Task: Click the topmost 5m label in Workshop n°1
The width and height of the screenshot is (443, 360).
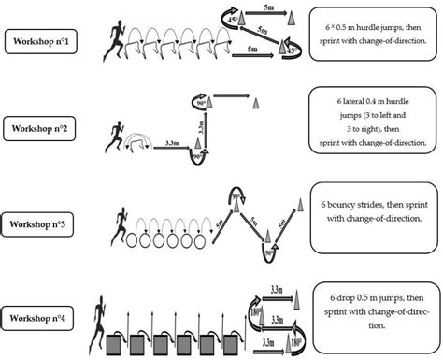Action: (268, 8)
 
